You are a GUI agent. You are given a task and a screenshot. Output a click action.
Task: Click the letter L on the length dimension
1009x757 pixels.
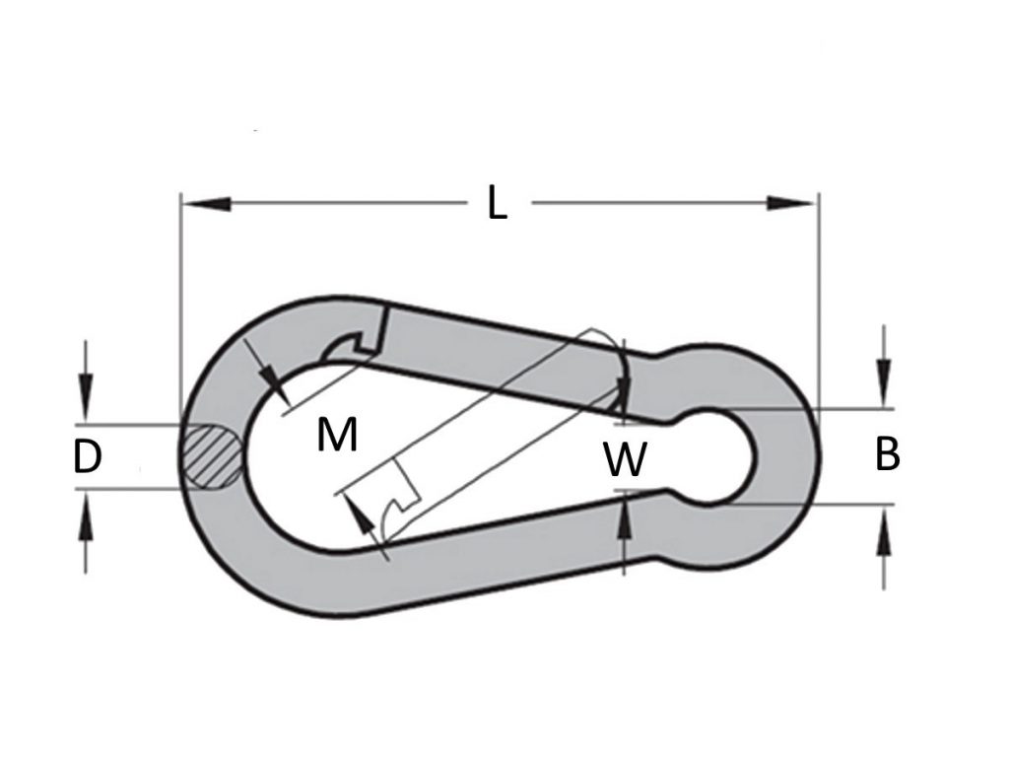pyautogui.click(x=498, y=204)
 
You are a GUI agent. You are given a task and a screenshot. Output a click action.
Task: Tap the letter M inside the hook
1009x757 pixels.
pyautogui.click(x=337, y=434)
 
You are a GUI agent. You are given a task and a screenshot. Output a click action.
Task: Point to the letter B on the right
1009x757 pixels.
pyautogui.click(x=887, y=455)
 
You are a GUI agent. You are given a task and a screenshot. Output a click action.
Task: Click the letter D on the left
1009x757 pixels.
pyautogui.click(x=88, y=457)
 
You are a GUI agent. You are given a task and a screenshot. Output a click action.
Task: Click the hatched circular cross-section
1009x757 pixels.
pyautogui.click(x=210, y=456)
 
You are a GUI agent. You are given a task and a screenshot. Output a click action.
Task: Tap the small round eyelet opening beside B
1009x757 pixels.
pyautogui.click(x=720, y=456)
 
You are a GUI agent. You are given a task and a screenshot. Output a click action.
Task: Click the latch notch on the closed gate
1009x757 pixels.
pyautogui.click(x=351, y=345)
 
